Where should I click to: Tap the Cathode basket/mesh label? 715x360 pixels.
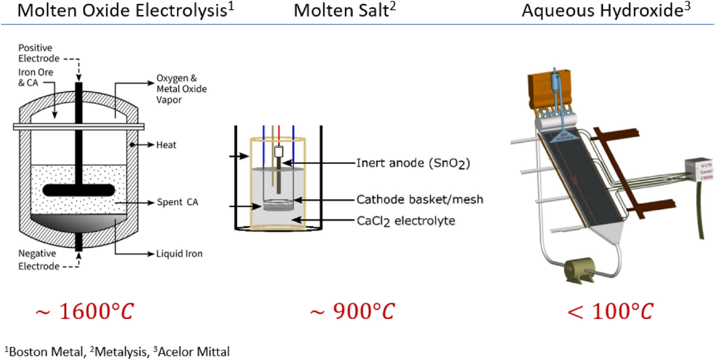point(419,200)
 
